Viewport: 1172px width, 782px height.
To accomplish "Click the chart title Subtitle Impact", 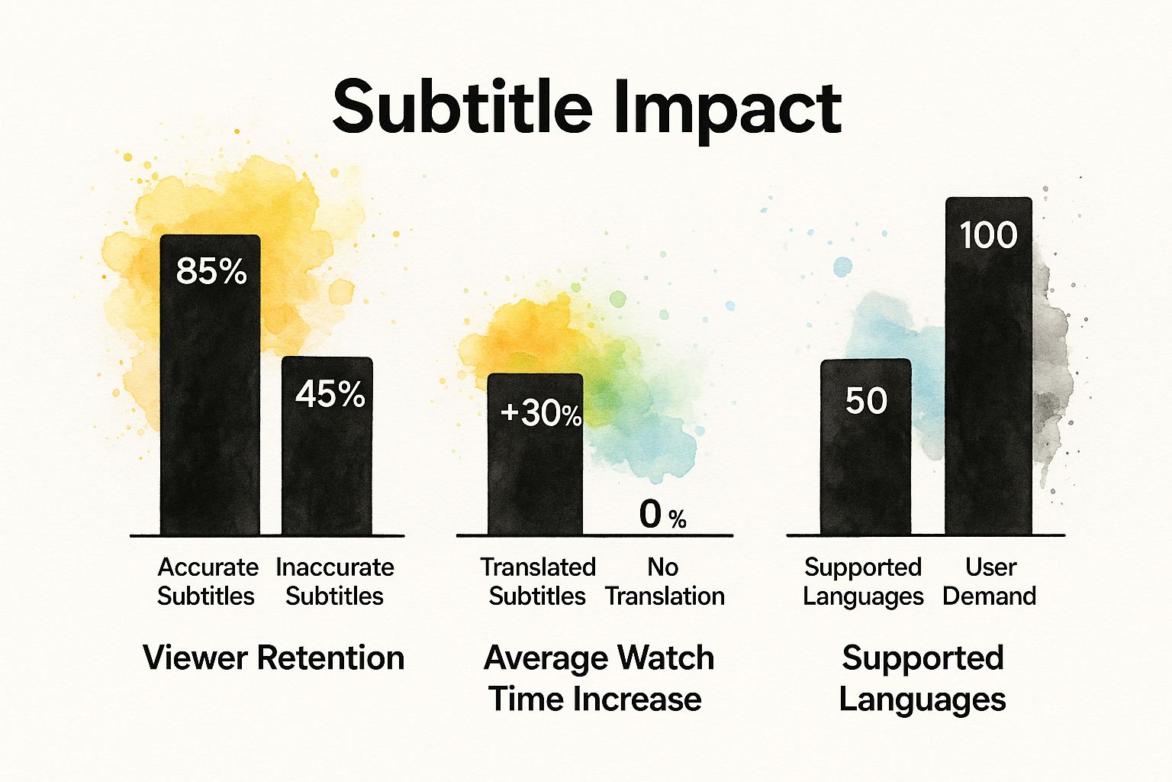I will coord(587,108).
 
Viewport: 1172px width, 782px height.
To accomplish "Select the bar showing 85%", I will coord(210,397).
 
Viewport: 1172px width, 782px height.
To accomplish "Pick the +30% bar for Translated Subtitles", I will coord(535,473).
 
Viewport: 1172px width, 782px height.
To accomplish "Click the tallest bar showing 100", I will coord(988,382).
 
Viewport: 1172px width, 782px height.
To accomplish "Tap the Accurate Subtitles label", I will coord(207,581).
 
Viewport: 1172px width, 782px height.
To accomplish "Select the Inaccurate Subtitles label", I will coord(334,581).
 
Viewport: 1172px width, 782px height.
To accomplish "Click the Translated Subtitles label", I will coord(537,581).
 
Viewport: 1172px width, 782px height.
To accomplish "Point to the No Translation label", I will coord(664,581).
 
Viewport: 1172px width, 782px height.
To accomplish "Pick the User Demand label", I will coord(990,581).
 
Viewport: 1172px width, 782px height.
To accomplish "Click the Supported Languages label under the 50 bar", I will coord(863,581).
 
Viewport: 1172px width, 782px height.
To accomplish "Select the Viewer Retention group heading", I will coord(273,658).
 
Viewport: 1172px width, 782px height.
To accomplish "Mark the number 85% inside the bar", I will coord(211,271).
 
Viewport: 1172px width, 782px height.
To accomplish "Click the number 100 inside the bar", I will coord(988,235).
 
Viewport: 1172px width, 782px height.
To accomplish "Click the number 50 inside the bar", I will coord(866,401).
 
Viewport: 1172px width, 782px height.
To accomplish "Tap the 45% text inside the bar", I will coord(330,394).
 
